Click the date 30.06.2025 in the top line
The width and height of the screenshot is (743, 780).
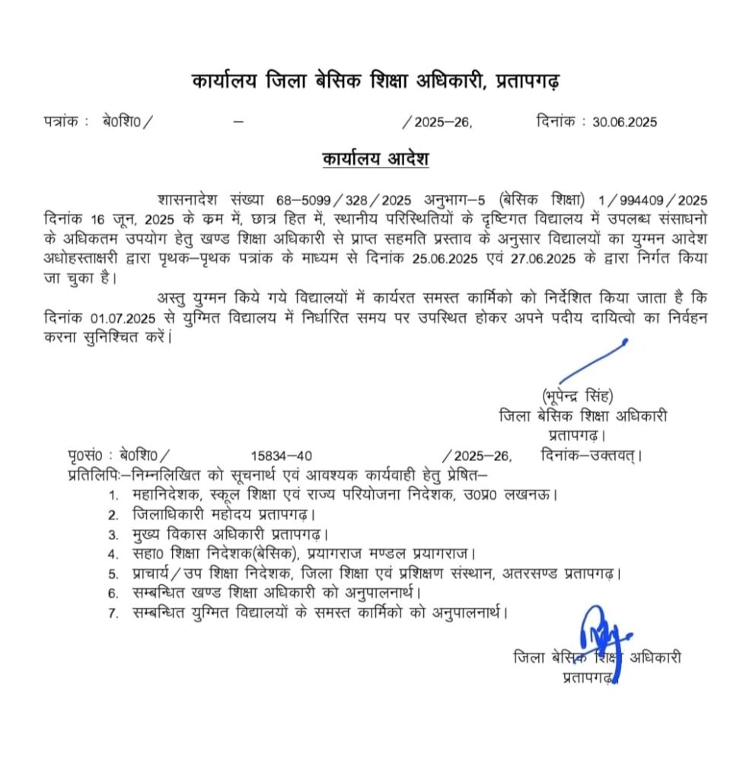(624, 122)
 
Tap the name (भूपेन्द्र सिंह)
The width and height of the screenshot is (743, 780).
(578, 396)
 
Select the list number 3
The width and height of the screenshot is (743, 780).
(113, 535)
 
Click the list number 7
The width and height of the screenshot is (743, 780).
(113, 612)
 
